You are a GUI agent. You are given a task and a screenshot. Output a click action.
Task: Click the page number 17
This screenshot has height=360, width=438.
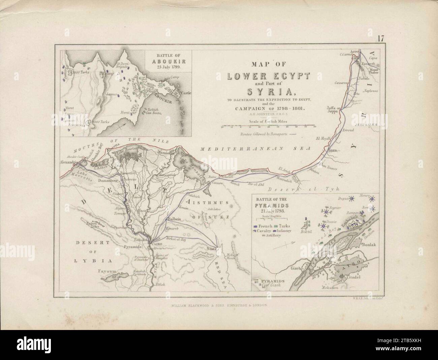(380, 38)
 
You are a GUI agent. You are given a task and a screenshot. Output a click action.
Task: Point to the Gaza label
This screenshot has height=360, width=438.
(333, 149)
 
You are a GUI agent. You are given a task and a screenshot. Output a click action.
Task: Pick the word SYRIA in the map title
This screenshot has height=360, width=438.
(268, 91)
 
